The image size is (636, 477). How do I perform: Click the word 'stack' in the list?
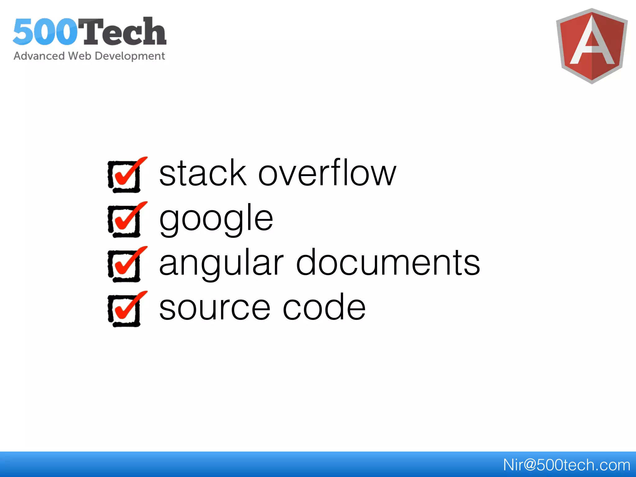pos(202,173)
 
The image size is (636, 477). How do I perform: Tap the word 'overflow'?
pos(327,173)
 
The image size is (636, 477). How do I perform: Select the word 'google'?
pos(216,219)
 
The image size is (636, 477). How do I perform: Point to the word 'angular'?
pos(221,263)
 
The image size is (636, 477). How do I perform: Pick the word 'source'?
pos(215,308)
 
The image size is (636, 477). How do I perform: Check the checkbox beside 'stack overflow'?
pos(125,176)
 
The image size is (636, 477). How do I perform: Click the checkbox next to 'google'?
pos(125,220)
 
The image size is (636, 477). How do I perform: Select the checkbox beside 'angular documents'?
pos(125,265)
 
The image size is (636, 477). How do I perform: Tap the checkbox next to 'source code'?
pos(125,310)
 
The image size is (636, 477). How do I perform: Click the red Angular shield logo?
pos(592,46)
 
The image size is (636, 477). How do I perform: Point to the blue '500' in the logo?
pos(45,32)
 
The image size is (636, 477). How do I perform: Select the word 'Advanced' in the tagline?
pos(39,56)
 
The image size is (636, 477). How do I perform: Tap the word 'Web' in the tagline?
pos(79,56)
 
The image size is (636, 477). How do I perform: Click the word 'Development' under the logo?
pos(130,56)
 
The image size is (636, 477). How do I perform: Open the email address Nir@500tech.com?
pos(566,465)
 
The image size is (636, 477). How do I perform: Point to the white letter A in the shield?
pos(592,43)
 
